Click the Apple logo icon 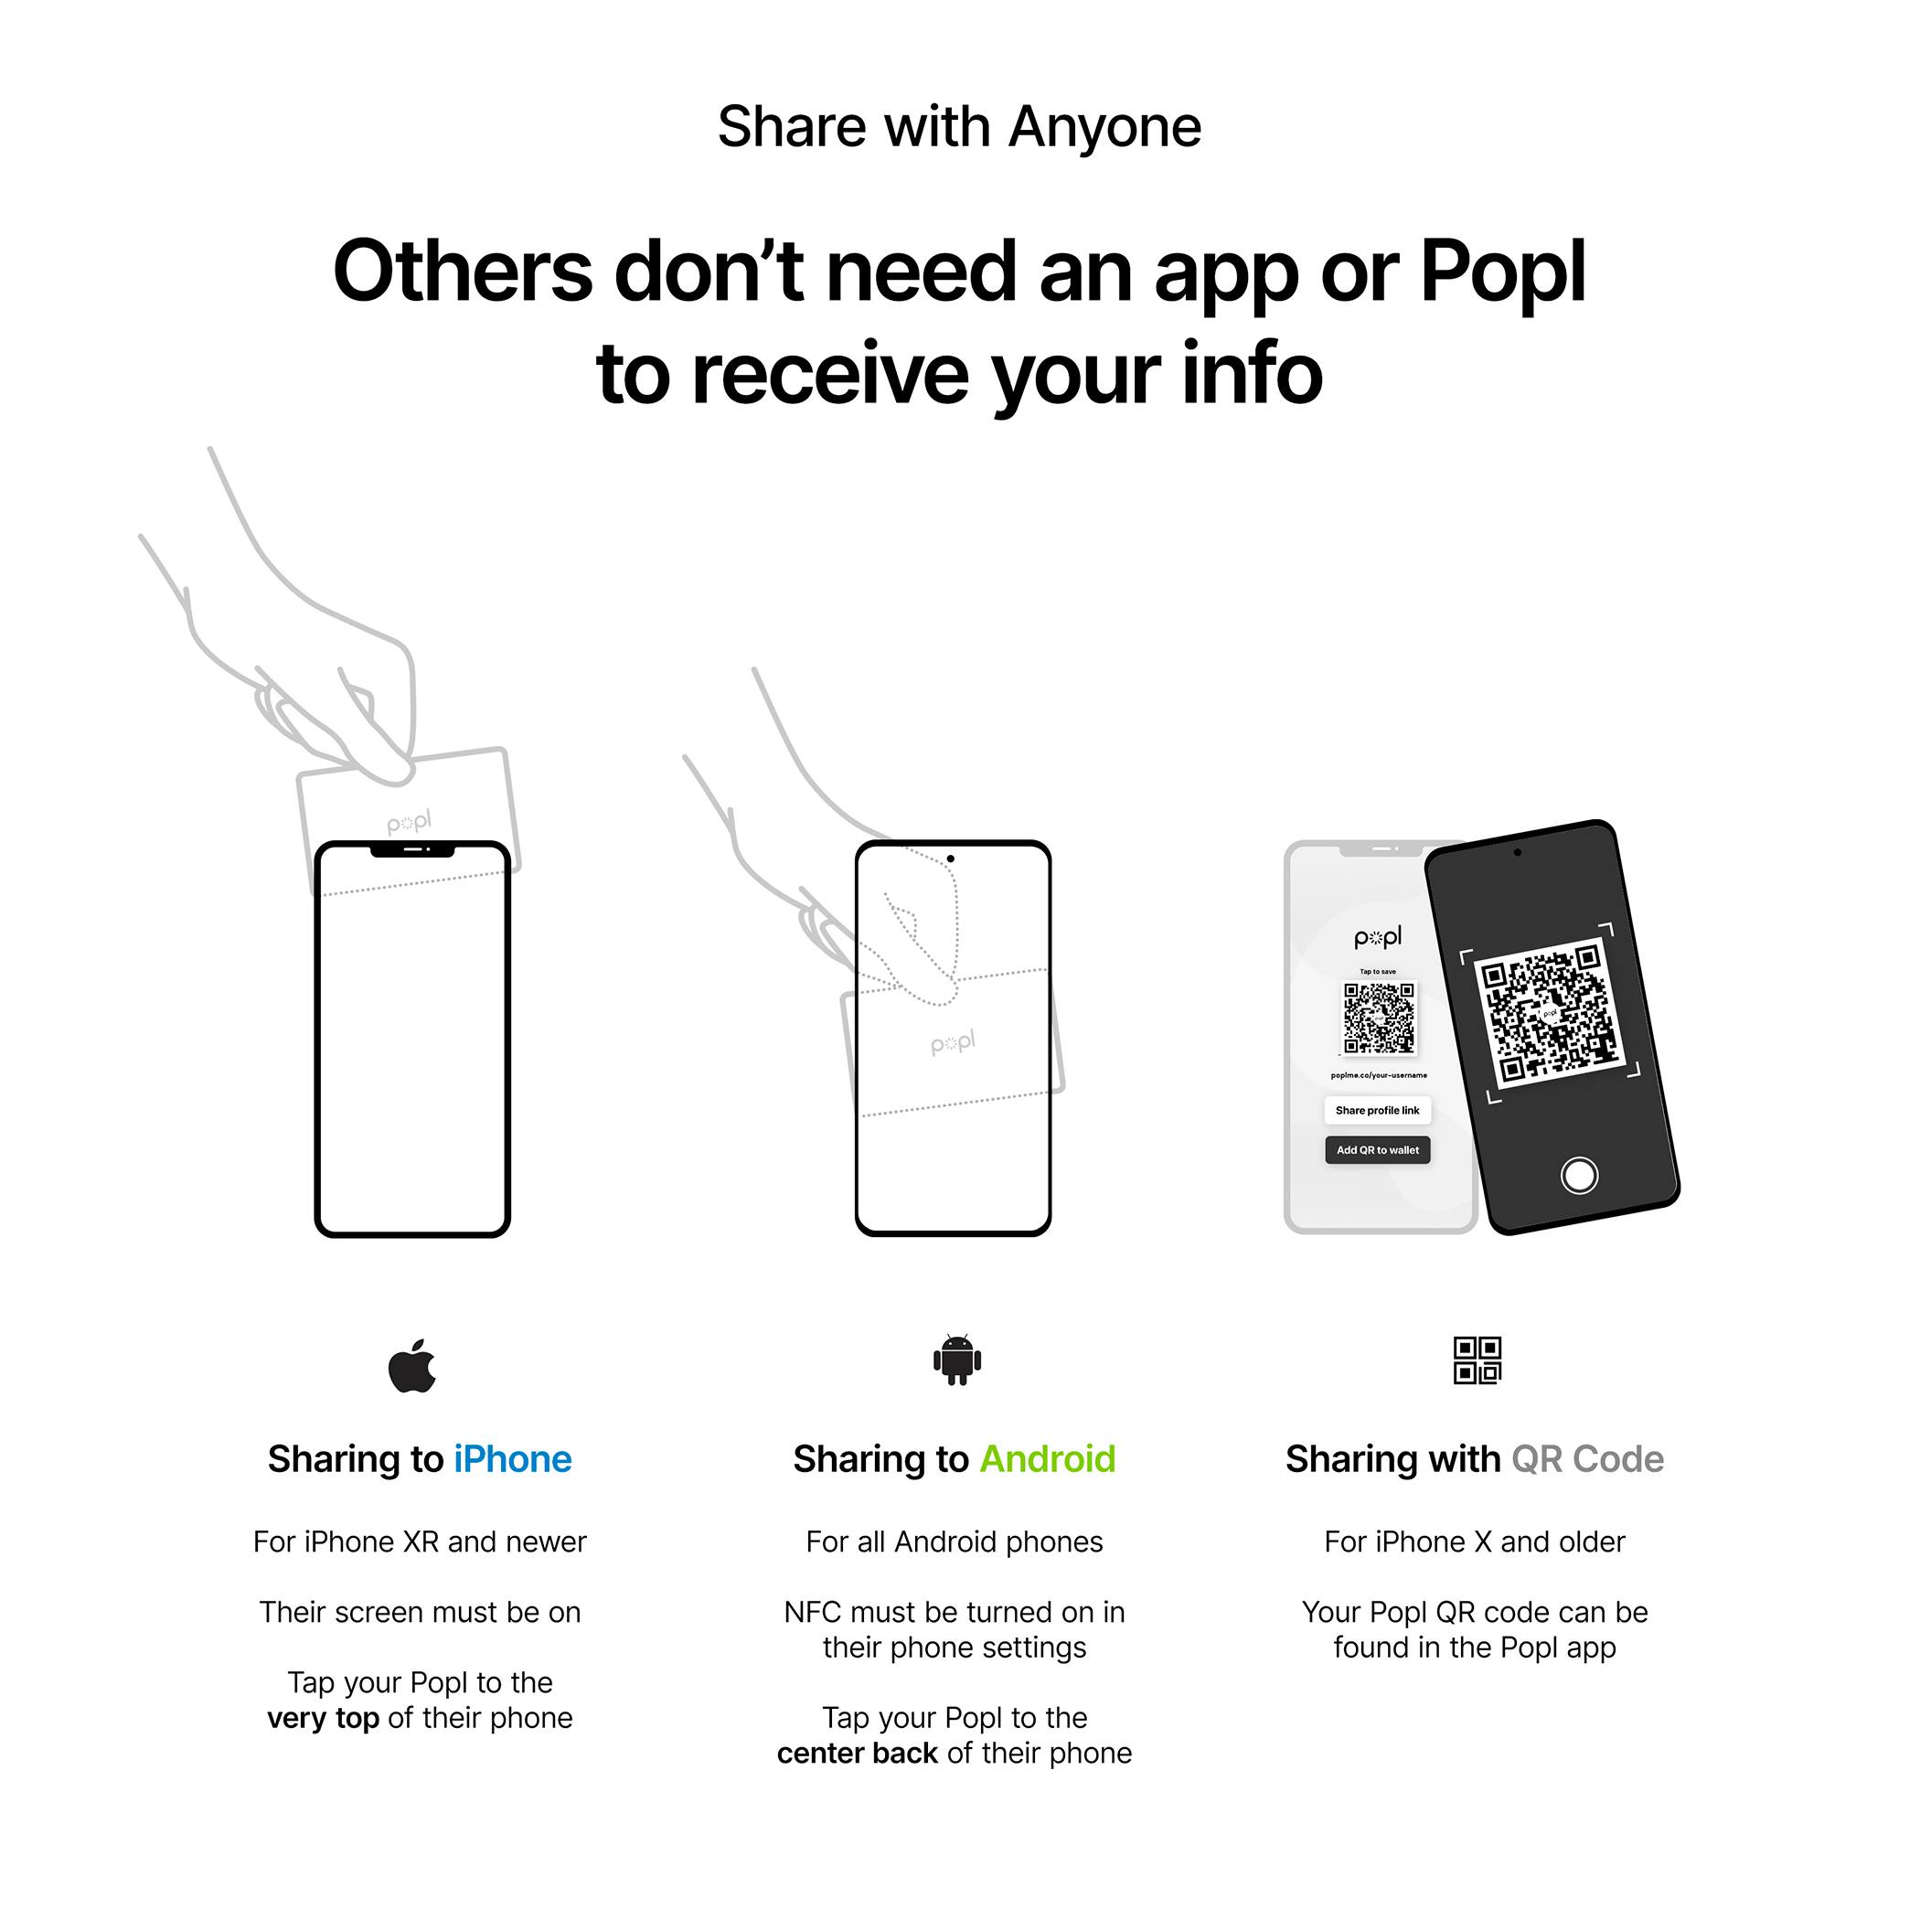click(412, 1367)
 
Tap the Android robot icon click(957, 1360)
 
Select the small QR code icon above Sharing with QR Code click(1477, 1360)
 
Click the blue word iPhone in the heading click(512, 1460)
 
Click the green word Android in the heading click(1048, 1460)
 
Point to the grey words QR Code click(1587, 1460)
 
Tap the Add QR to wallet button click(1378, 1150)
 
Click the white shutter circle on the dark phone click(1579, 1175)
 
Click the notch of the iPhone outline click(412, 850)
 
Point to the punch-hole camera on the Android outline click(951, 859)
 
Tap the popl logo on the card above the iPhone click(409, 822)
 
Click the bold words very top click(323, 1718)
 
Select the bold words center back click(857, 1753)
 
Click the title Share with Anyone click(959, 127)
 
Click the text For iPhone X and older click(1475, 1541)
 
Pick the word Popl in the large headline click(1501, 272)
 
